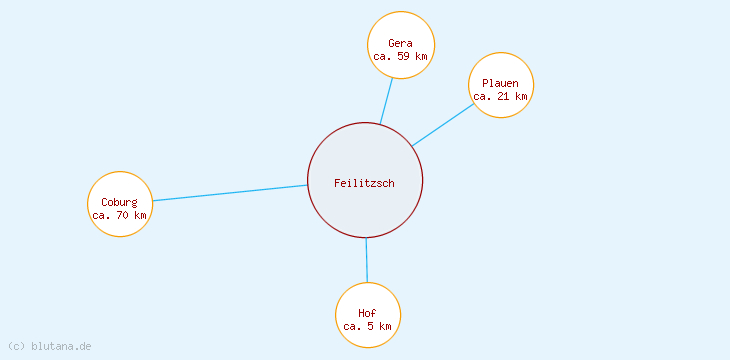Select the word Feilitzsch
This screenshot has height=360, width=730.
(365, 183)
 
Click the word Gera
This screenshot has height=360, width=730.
(401, 43)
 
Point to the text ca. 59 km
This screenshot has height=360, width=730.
(401, 57)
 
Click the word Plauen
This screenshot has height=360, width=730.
(500, 83)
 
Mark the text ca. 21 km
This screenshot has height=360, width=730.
(500, 97)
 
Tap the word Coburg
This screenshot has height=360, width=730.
(119, 202)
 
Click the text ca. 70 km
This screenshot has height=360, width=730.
(120, 215)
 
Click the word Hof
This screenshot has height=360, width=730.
(367, 313)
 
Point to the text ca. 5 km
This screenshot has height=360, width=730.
(367, 327)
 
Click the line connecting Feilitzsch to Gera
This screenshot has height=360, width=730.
(386, 101)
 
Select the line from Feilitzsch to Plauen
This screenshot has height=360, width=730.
(442, 125)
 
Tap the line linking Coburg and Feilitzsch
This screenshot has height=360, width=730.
(230, 193)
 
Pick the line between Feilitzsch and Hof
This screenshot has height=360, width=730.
(366, 260)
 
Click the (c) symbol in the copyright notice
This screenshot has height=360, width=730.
(16, 346)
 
